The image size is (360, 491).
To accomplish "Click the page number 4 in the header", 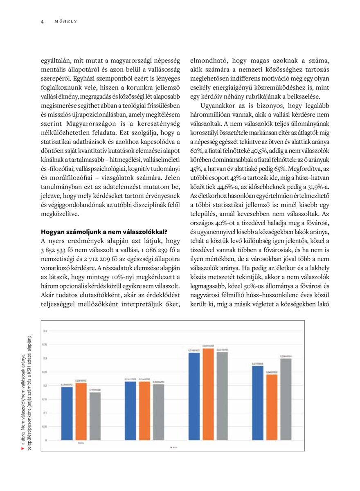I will tap(42, 21).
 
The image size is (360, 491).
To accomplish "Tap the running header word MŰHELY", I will tap(65, 21).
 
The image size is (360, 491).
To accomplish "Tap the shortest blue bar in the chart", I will tap(67, 413).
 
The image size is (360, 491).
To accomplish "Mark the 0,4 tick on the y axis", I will tap(45, 331).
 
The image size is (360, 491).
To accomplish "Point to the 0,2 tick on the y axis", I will tap(45, 385).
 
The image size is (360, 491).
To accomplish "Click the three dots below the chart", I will tap(173, 447).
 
